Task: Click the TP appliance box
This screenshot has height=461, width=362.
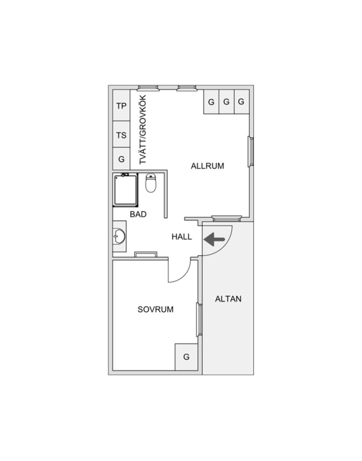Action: click(121, 105)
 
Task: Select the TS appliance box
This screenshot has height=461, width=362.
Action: click(121, 135)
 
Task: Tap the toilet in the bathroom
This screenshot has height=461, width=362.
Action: click(151, 183)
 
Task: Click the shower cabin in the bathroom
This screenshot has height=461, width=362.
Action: click(125, 190)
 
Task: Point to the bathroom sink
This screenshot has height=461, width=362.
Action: click(120, 236)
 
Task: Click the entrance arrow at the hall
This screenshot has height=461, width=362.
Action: click(214, 239)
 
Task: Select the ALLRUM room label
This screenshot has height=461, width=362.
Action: click(208, 166)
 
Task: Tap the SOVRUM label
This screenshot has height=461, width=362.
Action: click(155, 309)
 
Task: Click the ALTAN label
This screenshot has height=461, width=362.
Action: click(228, 299)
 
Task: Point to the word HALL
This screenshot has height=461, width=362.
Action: click(182, 237)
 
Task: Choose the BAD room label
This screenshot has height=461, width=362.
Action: click(138, 214)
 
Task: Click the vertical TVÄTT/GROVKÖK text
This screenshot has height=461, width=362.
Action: click(143, 130)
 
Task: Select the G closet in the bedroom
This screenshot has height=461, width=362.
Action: click(186, 357)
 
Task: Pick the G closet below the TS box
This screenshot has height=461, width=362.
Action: click(121, 159)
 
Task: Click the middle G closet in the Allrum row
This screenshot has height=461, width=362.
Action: click(226, 102)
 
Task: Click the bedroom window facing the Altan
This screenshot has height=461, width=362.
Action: click(199, 319)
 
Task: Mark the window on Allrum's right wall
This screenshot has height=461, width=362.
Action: click(251, 152)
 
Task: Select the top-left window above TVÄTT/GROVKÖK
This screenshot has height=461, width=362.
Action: click(148, 88)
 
